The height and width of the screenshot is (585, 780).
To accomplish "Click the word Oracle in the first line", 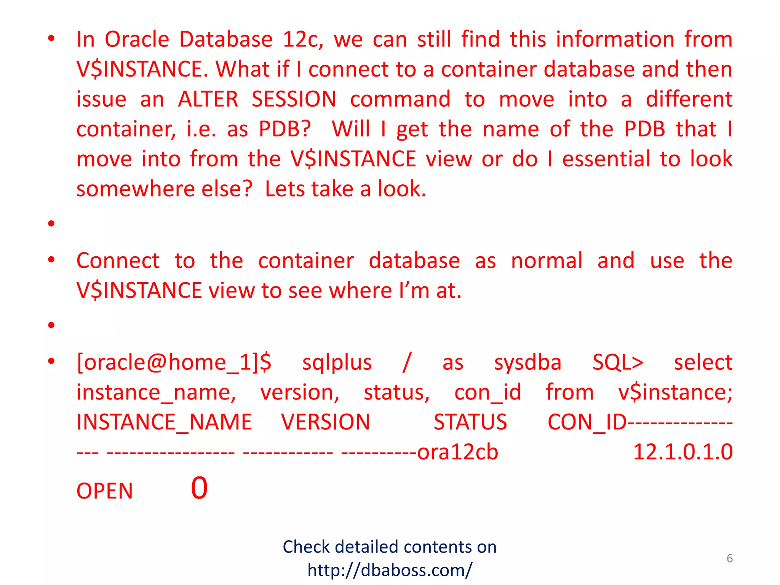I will point(137,39).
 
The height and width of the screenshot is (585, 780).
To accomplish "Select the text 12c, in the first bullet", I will point(303,40).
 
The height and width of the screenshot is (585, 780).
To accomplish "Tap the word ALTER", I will point(208,99).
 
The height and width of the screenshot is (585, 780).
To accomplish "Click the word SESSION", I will point(294,99).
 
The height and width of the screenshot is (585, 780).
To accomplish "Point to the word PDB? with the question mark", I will point(285,129).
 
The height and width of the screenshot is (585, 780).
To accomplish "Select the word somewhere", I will point(136,189).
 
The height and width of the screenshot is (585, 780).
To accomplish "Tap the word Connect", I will point(118,261).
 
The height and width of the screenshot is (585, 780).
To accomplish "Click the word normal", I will point(547,261).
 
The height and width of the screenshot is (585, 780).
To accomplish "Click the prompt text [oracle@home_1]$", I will point(174,362).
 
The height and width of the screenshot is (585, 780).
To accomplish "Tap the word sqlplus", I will point(337,362).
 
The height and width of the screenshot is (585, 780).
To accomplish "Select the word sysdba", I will point(527,362).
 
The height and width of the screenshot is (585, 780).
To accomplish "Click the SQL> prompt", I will point(618,362).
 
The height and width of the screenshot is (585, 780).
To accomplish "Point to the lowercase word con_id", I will point(487,392).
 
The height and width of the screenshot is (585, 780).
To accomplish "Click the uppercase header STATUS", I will point(470,422).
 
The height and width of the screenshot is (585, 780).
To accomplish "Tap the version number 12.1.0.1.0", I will point(682,452).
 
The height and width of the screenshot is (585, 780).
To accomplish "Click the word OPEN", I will point(105,491).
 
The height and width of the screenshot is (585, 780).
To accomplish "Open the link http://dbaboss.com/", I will point(390,570).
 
